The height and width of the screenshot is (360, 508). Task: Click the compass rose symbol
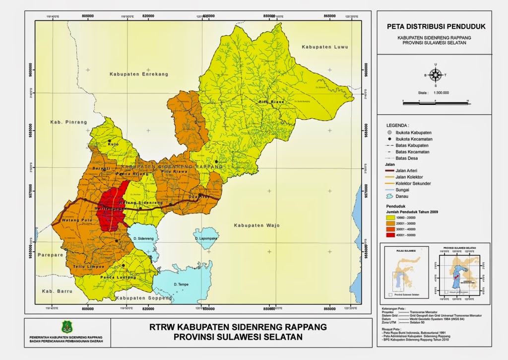tap(436, 75)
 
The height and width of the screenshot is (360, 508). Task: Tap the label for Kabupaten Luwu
tap(325, 47)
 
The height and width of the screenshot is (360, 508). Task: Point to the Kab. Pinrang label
tap(68, 122)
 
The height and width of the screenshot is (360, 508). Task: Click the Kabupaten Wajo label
tap(256, 225)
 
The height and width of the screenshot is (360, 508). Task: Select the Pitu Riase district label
tap(271, 102)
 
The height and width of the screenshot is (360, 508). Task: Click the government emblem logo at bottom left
tap(66, 327)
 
